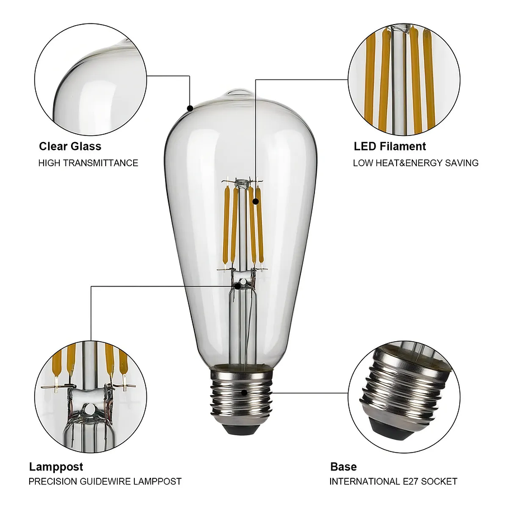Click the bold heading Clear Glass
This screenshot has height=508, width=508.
click(70, 147)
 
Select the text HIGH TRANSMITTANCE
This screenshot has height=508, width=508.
click(88, 163)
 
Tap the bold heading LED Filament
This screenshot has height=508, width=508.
click(389, 147)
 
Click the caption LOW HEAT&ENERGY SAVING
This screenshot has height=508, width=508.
click(415, 163)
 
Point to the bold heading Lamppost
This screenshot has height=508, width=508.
click(56, 467)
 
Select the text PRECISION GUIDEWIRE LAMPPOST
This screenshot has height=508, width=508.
click(105, 481)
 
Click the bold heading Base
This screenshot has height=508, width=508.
click(343, 467)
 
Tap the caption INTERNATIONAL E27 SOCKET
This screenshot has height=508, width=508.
click(393, 481)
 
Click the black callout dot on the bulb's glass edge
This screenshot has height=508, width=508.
click(190, 108)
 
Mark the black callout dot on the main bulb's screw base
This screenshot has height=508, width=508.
click(244, 392)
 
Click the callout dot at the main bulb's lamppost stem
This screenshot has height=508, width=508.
click(238, 286)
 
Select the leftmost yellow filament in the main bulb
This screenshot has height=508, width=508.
click(226, 224)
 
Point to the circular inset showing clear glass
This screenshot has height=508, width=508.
click(91, 78)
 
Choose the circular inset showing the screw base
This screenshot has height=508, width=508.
click(404, 397)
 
